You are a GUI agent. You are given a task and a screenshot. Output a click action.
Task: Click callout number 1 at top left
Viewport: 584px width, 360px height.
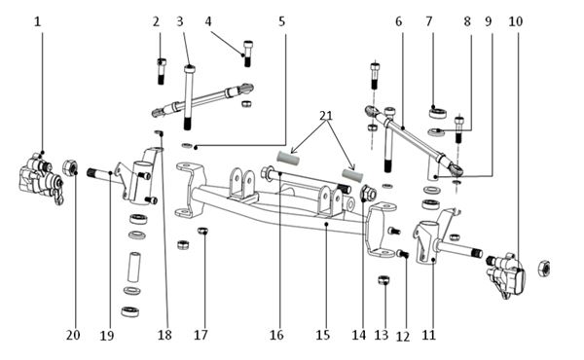(37, 21)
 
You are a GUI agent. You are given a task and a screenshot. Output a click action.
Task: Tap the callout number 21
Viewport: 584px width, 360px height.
(326, 116)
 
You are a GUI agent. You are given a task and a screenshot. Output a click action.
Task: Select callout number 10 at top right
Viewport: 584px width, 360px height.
(516, 21)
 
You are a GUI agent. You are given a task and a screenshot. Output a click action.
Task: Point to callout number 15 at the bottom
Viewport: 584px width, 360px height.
(323, 335)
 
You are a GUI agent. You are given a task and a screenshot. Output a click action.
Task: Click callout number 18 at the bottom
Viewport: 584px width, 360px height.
(165, 335)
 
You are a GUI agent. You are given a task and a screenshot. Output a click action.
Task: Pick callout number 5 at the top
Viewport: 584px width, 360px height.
(282, 21)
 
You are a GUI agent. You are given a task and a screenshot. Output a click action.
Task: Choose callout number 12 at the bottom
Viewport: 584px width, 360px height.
(403, 337)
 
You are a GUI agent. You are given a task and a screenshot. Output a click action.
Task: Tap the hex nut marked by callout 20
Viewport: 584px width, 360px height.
(70, 167)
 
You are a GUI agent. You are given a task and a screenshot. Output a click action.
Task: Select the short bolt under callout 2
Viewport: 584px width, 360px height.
(162, 71)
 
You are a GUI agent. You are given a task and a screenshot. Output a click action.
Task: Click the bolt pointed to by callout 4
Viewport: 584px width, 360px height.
(247, 54)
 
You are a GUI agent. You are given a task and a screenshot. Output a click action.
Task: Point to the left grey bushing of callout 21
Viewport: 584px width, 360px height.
(288, 159)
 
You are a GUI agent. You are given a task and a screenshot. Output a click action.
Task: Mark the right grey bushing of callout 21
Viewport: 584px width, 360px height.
(352, 175)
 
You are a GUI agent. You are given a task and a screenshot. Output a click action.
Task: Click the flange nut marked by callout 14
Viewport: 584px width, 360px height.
(368, 194)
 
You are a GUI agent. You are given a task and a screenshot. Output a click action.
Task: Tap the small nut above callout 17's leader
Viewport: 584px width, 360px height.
(202, 231)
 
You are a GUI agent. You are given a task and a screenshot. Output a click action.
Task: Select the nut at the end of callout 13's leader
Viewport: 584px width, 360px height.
(383, 279)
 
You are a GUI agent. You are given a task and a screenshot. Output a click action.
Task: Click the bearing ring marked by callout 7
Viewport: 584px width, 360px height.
(438, 113)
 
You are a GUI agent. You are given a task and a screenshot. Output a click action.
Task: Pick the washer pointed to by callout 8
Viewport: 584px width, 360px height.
(436, 132)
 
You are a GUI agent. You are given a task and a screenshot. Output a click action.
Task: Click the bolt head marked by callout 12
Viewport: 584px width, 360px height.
(403, 254)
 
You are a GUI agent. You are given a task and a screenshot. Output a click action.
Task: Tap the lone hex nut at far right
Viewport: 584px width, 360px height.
(544, 269)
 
